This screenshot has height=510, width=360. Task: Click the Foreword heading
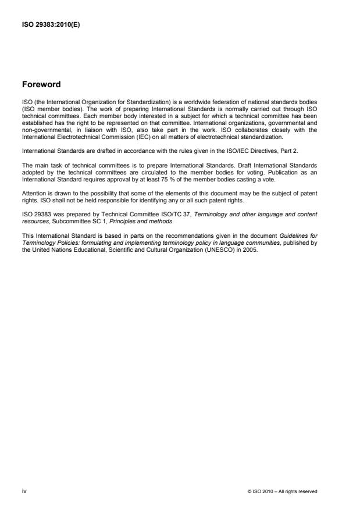[x=42, y=84]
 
